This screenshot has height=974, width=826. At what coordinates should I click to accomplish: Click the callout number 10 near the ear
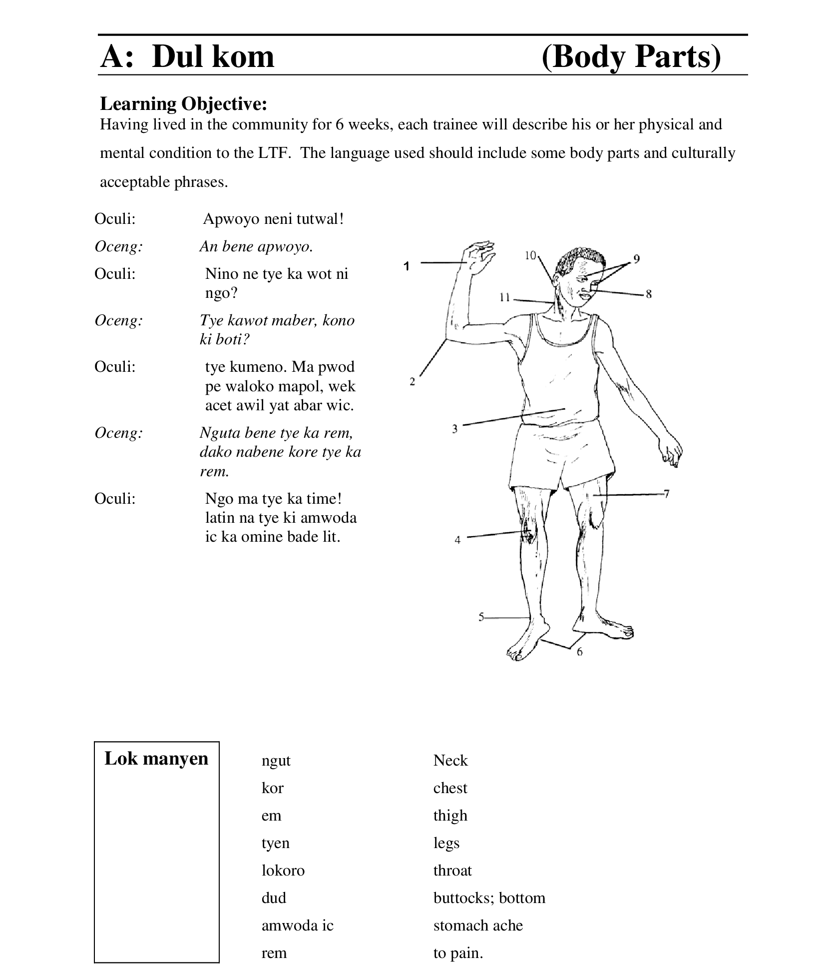530,255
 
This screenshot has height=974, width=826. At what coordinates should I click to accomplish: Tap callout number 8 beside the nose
648,294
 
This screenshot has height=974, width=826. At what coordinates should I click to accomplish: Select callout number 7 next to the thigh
666,494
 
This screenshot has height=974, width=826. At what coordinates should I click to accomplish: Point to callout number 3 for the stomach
454,428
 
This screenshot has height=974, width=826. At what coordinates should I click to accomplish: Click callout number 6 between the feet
579,652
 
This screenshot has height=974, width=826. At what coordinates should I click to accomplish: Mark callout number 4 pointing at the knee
457,540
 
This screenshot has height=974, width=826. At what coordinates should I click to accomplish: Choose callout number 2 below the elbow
412,382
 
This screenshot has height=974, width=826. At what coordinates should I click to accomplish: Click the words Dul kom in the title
213,56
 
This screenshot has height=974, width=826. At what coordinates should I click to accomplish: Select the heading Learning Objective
183,103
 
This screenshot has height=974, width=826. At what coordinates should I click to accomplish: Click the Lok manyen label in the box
156,758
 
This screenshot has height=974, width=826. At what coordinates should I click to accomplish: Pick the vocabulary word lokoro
283,870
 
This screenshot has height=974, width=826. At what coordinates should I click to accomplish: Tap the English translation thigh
450,815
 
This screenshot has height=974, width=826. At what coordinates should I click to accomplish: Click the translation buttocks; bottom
489,898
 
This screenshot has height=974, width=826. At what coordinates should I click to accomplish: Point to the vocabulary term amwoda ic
297,925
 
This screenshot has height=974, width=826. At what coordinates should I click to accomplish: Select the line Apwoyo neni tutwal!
273,219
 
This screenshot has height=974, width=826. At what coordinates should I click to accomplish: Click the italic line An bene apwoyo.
256,246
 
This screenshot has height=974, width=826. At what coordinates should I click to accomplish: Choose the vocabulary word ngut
276,760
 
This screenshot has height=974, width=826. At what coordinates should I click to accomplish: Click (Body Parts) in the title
631,56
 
